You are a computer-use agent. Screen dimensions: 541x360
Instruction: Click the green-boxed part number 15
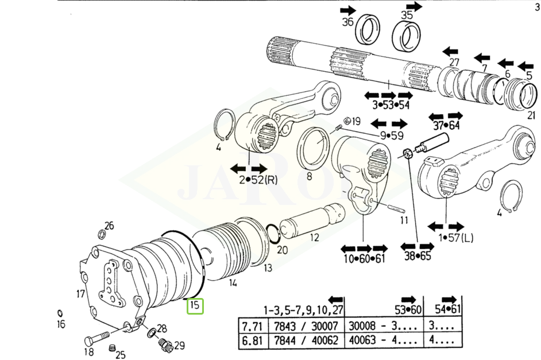[x=195, y=306]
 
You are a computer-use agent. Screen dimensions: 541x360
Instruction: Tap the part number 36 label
[x=348, y=22]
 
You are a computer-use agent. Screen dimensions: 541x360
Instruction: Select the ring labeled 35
[x=406, y=36]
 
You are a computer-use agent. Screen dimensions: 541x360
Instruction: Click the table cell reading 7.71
[x=252, y=326]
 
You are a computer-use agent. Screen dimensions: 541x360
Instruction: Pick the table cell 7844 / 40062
[x=306, y=340]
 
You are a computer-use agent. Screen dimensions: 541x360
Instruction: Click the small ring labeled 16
[x=60, y=313]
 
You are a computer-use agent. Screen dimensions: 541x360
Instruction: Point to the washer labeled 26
[x=102, y=235]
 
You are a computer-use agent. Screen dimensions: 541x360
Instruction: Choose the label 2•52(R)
[x=258, y=180]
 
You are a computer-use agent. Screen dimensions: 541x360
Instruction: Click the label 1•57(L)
[x=456, y=238]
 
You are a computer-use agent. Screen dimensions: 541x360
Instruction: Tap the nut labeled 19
[x=347, y=121]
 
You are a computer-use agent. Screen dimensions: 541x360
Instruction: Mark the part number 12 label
[x=314, y=237]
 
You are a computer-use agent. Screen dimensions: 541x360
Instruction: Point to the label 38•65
[x=418, y=256]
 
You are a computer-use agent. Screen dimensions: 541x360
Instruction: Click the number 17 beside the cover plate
[x=80, y=294]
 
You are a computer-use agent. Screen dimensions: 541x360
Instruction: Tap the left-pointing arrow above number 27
[x=450, y=52]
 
